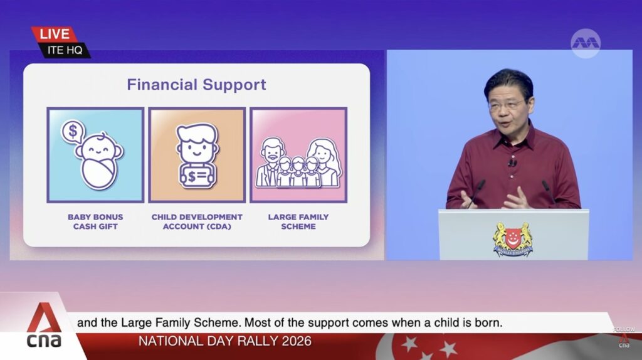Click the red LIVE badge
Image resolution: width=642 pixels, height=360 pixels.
(54, 34)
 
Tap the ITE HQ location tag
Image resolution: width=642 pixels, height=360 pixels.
(65, 50)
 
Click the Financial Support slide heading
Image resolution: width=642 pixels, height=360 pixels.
(196, 85)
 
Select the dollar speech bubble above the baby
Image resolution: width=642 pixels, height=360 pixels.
(73, 132)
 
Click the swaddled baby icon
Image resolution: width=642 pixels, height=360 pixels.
(99, 161)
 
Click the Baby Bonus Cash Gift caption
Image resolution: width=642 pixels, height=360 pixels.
(95, 221)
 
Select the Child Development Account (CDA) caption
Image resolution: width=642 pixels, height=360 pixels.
(197, 221)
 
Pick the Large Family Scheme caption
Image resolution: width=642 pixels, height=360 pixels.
(298, 221)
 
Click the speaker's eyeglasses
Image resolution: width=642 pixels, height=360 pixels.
(507, 105)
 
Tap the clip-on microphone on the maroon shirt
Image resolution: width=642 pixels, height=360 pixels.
(512, 163)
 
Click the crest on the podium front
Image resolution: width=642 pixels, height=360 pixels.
(513, 239)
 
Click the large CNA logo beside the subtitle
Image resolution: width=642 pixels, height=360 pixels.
(45, 326)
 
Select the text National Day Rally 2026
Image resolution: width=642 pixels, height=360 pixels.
(225, 341)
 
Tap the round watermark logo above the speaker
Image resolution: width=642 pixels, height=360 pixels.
(586, 43)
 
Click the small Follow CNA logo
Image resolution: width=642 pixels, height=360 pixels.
(624, 337)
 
